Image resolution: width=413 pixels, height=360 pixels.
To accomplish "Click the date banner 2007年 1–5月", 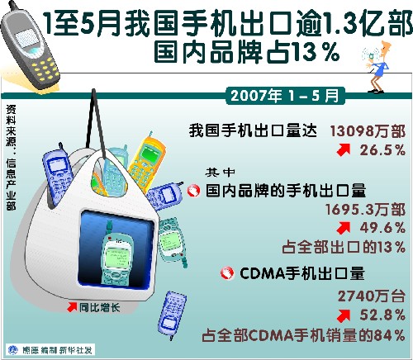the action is tap(285, 96).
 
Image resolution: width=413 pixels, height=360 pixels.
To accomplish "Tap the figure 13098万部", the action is tap(368, 131).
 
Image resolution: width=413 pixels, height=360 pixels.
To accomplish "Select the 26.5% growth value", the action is tap(382, 150).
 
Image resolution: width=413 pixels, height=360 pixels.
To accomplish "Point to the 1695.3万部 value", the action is tap(365, 210).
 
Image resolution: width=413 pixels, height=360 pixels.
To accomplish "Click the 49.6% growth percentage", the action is tap(382, 228).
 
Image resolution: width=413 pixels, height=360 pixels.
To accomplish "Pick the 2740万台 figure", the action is tap(372, 296).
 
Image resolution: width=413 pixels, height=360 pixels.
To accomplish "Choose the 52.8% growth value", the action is tap(382, 315).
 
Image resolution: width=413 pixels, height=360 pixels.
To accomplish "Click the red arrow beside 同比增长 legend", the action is tap(72, 307).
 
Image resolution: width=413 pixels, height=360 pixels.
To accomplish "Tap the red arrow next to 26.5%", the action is tap(344, 150).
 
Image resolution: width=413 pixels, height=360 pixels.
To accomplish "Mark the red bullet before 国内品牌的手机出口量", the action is tap(193, 191).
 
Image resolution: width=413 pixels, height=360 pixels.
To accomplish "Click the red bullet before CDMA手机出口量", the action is tap(227, 273).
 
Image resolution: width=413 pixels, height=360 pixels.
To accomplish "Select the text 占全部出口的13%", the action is tap(344, 247).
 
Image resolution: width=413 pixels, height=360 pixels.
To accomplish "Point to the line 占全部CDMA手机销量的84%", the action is tap(303, 335).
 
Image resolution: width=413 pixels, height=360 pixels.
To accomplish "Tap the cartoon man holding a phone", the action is tap(376, 67).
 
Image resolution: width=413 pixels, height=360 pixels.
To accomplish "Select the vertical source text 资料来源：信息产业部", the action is tap(11, 158).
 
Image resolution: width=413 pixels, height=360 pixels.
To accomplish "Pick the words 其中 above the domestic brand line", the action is tap(220, 173).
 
